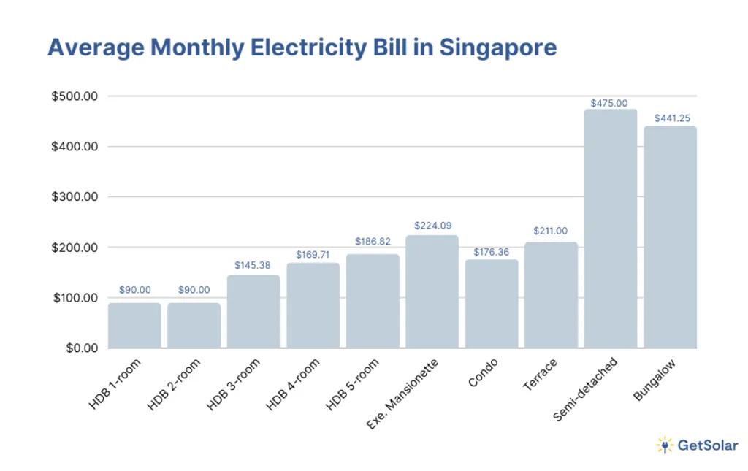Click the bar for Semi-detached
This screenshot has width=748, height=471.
click(x=611, y=229)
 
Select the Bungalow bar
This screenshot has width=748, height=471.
click(x=670, y=237)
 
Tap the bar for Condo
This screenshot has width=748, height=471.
click(x=492, y=304)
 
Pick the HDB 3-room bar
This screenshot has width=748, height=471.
click(x=253, y=312)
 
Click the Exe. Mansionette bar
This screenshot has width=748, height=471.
click(x=432, y=291)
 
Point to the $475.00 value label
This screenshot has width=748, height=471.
click(x=611, y=104)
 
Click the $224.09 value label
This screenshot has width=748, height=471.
click(x=432, y=226)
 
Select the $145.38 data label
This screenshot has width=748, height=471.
click(x=253, y=265)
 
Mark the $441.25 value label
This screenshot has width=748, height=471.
click(x=670, y=117)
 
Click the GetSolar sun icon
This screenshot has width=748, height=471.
click(x=664, y=445)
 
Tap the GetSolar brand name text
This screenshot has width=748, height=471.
click(x=708, y=445)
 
